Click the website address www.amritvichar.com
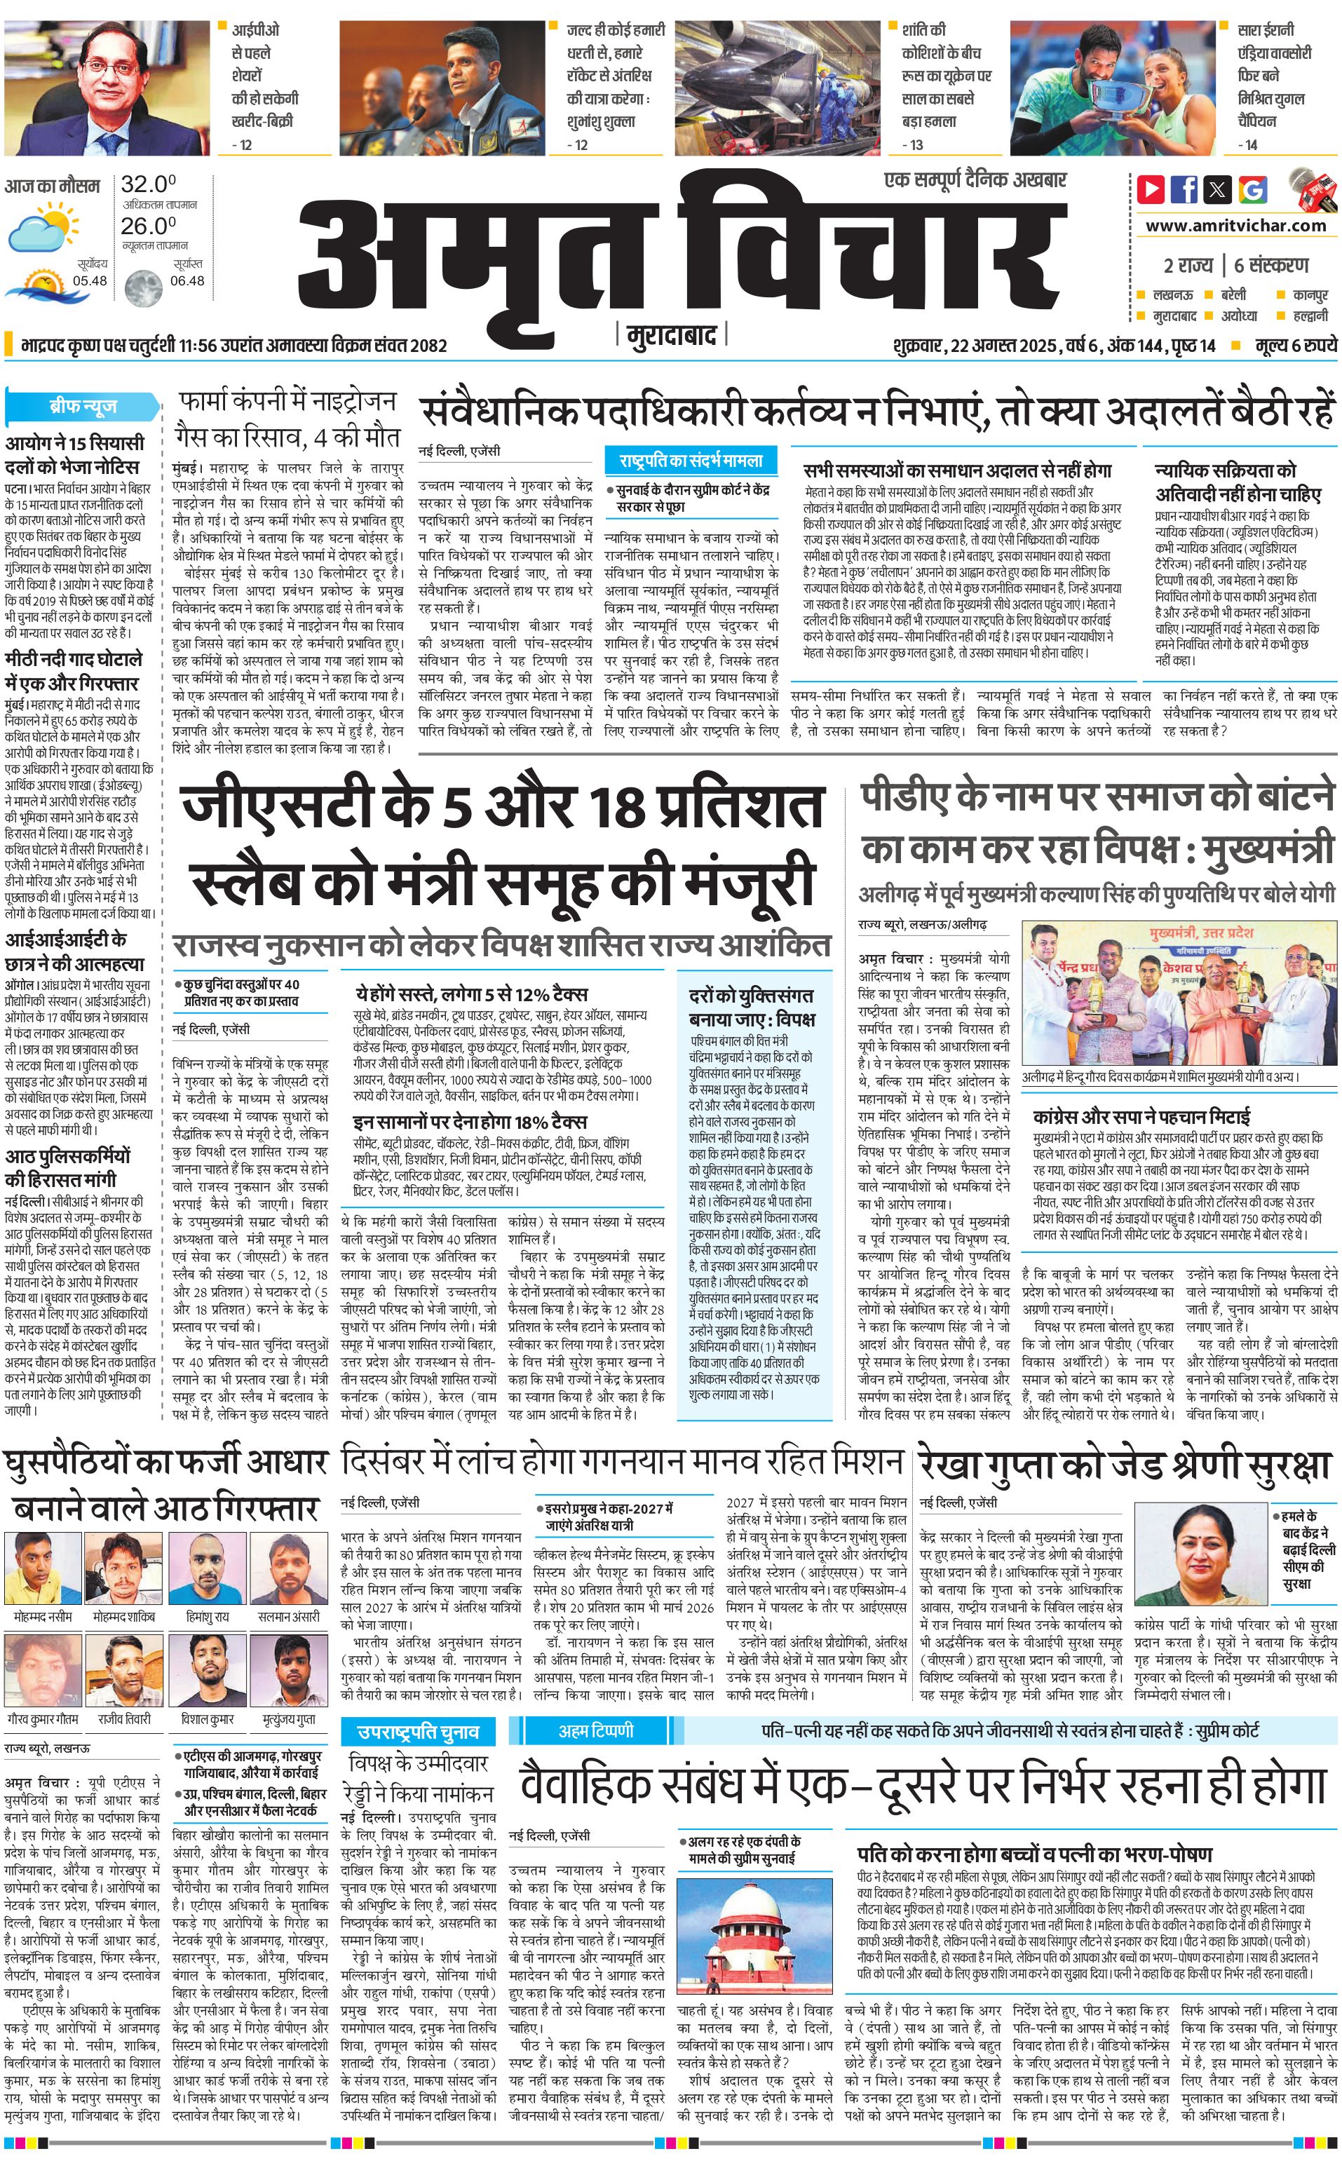click(x=1235, y=226)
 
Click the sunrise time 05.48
click(x=90, y=281)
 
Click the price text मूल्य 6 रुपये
click(x=1296, y=344)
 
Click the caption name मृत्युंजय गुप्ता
click(x=290, y=1718)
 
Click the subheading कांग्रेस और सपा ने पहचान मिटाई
click(x=1141, y=1115)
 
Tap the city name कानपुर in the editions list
click(x=1310, y=294)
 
